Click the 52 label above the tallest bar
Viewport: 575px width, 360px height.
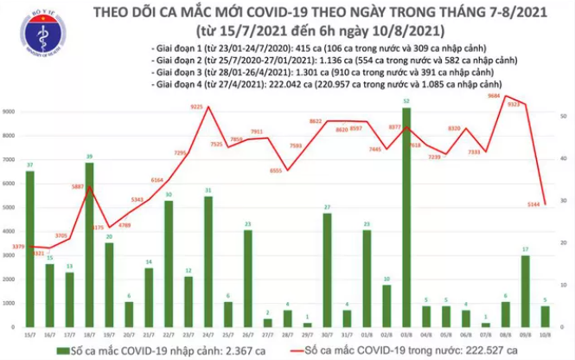coord(406,102)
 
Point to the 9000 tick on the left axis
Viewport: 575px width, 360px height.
coord(10,113)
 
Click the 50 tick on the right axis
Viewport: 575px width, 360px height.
coord(562,116)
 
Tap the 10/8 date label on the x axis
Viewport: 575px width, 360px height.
coord(544,335)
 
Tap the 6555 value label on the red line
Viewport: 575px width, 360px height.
coord(275,170)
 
